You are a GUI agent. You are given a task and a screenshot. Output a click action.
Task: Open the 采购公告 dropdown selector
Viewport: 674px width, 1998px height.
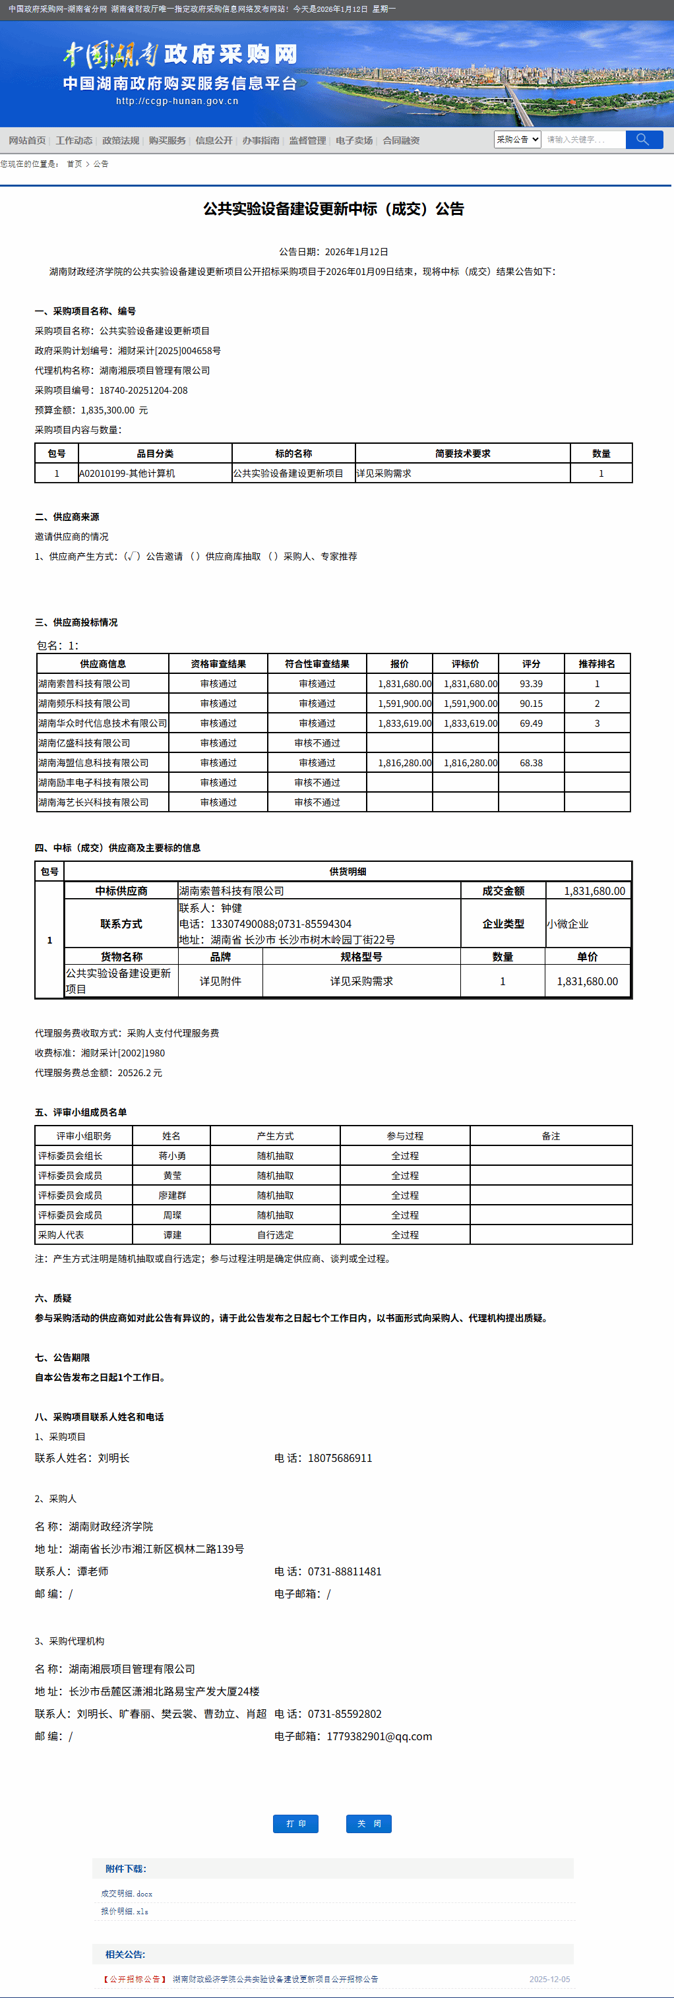[517, 140]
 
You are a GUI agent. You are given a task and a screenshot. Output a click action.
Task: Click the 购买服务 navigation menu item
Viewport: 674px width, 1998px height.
[168, 140]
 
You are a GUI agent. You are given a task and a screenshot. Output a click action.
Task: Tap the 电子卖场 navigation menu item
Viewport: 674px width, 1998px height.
[354, 140]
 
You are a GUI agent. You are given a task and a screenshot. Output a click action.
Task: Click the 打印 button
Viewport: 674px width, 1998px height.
[295, 1823]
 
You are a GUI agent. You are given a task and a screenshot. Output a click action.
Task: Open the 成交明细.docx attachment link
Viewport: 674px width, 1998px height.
[127, 1893]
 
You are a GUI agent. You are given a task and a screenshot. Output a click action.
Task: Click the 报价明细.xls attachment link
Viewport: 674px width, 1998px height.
[124, 1911]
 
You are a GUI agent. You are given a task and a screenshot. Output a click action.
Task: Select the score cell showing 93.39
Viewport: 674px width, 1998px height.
[532, 684]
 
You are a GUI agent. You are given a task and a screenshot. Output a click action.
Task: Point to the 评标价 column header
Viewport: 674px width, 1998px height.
[466, 664]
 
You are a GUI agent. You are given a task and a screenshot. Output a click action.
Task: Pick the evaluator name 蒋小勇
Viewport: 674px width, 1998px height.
[172, 1156]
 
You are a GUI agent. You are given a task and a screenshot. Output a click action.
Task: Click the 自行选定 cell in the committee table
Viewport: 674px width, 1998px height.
[276, 1235]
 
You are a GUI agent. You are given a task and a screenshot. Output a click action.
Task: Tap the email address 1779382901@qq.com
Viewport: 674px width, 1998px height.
[379, 1737]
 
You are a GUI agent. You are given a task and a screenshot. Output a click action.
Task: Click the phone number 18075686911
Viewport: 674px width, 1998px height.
[340, 1458]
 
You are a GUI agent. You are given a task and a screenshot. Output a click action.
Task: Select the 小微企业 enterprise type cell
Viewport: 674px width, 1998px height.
[568, 924]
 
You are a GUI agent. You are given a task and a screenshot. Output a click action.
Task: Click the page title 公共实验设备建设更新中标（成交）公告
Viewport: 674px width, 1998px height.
[334, 208]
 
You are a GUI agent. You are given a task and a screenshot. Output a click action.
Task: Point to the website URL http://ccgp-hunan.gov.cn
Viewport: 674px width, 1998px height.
[177, 101]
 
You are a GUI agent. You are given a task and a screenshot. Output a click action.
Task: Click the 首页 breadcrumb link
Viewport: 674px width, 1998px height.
[75, 164]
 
